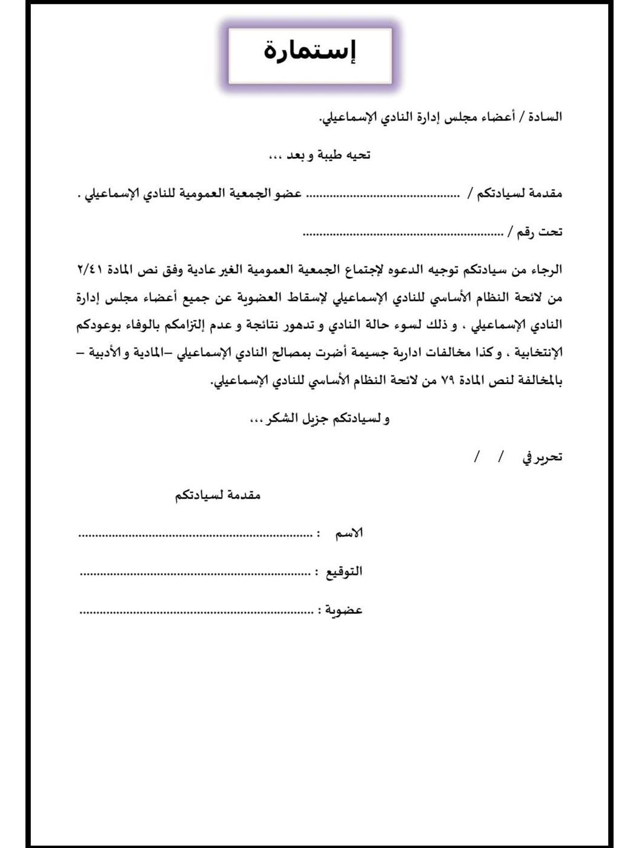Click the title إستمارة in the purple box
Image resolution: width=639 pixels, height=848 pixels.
click(x=310, y=52)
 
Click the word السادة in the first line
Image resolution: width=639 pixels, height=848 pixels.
click(x=545, y=116)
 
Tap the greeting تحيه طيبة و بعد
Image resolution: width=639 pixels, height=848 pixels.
click(x=320, y=155)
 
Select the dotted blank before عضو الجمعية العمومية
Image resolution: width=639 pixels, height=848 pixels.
click(x=382, y=194)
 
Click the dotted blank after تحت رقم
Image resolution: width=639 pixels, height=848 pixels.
click(x=402, y=233)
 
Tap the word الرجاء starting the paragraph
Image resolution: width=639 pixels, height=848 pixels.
click(x=545, y=270)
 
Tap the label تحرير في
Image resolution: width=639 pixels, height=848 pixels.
click(x=542, y=457)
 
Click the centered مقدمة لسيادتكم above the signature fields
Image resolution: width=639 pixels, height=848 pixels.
click(x=218, y=495)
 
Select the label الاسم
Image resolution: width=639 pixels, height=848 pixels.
click(x=349, y=534)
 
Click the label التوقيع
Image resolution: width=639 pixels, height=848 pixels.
click(x=343, y=572)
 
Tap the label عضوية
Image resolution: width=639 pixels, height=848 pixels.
click(x=343, y=610)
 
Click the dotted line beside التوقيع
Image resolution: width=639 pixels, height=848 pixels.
click(x=195, y=572)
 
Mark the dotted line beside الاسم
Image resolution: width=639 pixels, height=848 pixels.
click(x=195, y=535)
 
